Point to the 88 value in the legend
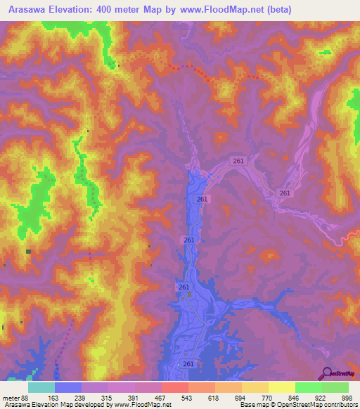coord(25,397)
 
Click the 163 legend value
coord(54,397)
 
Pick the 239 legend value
coord(81,397)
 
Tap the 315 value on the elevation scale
coord(108,397)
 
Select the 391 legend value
coord(134,397)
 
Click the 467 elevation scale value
coord(161,397)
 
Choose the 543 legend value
coord(188,397)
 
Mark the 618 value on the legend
coord(214,397)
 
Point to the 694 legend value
coord(241,397)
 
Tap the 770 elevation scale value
coord(268,397)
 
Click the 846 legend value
coord(295,397)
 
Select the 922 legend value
coord(321,397)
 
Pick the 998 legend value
coord(347,397)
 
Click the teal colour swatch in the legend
coord(41,387)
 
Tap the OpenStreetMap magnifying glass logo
coord(327,373)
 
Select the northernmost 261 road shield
coord(238,161)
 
